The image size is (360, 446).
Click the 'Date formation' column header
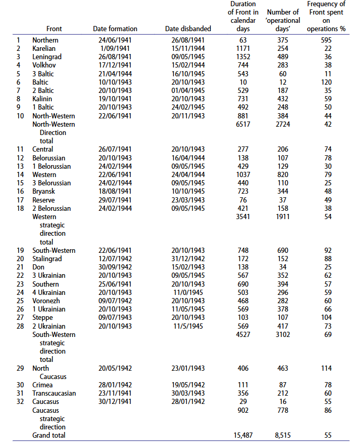point(115,29)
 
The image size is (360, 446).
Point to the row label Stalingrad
point(47,259)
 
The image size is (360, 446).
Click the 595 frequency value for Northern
point(328,40)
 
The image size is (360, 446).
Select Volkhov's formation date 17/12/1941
point(115,65)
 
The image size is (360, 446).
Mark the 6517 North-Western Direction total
point(242,125)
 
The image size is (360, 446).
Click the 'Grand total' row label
point(49,435)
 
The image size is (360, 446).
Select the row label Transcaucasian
point(54,393)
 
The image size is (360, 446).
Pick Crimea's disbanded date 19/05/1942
point(188,385)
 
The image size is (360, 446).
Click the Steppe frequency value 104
point(328,318)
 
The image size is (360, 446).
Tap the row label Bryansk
point(44,192)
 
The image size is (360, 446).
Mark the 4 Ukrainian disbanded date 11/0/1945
point(188,292)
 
